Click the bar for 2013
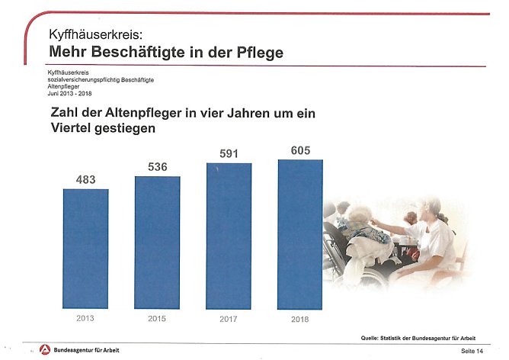[85, 247]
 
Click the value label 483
[85, 180]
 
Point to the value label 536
[157, 167]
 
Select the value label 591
[229, 154]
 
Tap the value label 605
[300, 150]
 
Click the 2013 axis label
[85, 318]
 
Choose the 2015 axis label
[157, 318]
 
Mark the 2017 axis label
[229, 318]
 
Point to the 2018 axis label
[299, 319]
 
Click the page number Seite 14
[472, 350]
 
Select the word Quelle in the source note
[373, 337]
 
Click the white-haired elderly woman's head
[359, 214]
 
